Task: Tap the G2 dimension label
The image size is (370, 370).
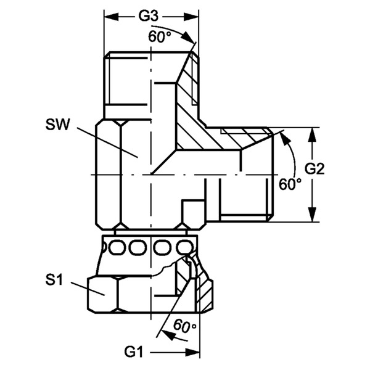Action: pos(314,168)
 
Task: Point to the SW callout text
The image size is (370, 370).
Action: pos(57,125)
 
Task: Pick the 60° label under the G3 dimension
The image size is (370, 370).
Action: pos(160,36)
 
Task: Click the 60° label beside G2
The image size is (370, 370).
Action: pos(290,184)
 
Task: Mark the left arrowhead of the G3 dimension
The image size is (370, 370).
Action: pos(108,13)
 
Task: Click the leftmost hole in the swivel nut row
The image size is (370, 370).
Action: pos(117,248)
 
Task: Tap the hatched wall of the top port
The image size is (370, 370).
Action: pos(188,99)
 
